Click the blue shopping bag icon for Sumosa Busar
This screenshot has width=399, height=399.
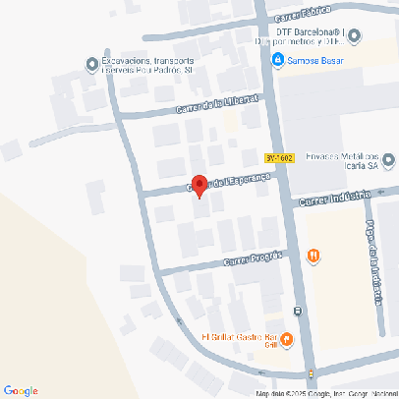click(278, 60)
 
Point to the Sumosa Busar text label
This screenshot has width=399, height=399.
click(315, 60)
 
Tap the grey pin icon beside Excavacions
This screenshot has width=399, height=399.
click(92, 66)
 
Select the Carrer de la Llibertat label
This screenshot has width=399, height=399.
click(216, 104)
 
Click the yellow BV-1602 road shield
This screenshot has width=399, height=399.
click(281, 157)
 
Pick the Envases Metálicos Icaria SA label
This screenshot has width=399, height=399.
click(339, 160)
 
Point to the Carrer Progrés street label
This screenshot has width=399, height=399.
click(253, 258)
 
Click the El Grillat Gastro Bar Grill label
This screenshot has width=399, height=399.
click(239, 340)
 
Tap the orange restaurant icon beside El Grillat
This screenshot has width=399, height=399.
click(287, 341)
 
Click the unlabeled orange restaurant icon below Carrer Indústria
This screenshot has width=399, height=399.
click(313, 256)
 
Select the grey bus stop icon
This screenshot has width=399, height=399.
click(298, 313)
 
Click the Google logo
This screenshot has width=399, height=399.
click(21, 390)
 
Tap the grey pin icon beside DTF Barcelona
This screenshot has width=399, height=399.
click(355, 36)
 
